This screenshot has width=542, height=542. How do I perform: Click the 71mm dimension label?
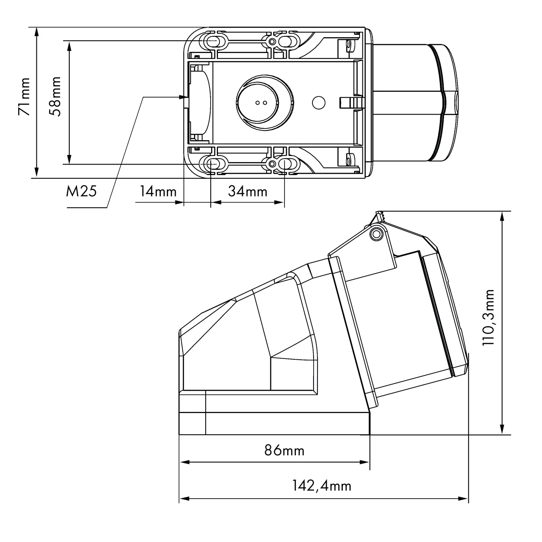point(24,97)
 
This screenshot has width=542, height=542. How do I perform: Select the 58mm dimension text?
point(56,97)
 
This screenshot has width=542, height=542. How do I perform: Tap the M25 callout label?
point(81,191)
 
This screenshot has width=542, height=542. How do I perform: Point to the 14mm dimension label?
point(158,191)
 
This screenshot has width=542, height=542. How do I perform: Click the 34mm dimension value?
point(247,191)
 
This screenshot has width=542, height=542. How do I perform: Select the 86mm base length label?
point(285,450)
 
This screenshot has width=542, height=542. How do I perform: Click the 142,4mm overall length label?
point(321,485)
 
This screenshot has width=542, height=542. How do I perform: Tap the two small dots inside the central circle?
point(261,103)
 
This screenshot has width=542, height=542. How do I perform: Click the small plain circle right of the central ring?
point(319,103)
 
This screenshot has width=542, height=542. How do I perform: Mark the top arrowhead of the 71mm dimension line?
point(36,31)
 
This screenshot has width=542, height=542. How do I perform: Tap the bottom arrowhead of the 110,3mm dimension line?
point(503,431)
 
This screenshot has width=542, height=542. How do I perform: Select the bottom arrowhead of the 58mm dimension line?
point(69,160)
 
